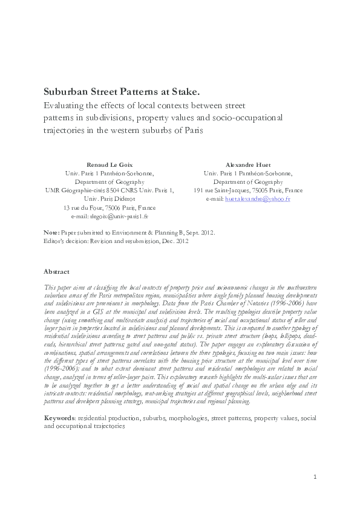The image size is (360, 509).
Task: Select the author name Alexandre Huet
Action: coord(249,164)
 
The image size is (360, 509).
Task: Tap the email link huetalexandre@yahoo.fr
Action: coord(258,198)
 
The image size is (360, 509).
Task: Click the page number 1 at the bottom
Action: coord(315,494)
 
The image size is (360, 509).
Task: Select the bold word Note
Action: coord(51,232)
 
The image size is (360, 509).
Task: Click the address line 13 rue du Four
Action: coord(109,207)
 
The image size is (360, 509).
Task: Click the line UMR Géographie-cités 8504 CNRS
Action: coord(110,190)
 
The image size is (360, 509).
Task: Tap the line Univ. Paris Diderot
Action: coord(110,198)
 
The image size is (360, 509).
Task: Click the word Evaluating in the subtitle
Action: coord(63,105)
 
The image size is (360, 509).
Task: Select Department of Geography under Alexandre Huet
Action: coord(249,181)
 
